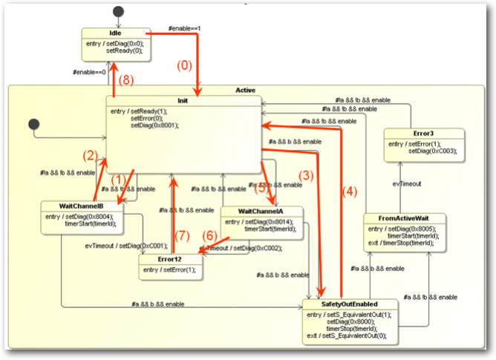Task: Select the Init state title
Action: (x=183, y=100)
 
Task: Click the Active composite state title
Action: (x=245, y=91)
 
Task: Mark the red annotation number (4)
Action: (x=350, y=191)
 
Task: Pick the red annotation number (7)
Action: (x=182, y=236)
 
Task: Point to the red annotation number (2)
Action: (x=90, y=155)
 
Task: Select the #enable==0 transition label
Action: (x=88, y=72)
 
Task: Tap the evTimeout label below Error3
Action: (x=407, y=183)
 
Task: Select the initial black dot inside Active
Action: (x=32, y=122)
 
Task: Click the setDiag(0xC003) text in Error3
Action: (x=432, y=151)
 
